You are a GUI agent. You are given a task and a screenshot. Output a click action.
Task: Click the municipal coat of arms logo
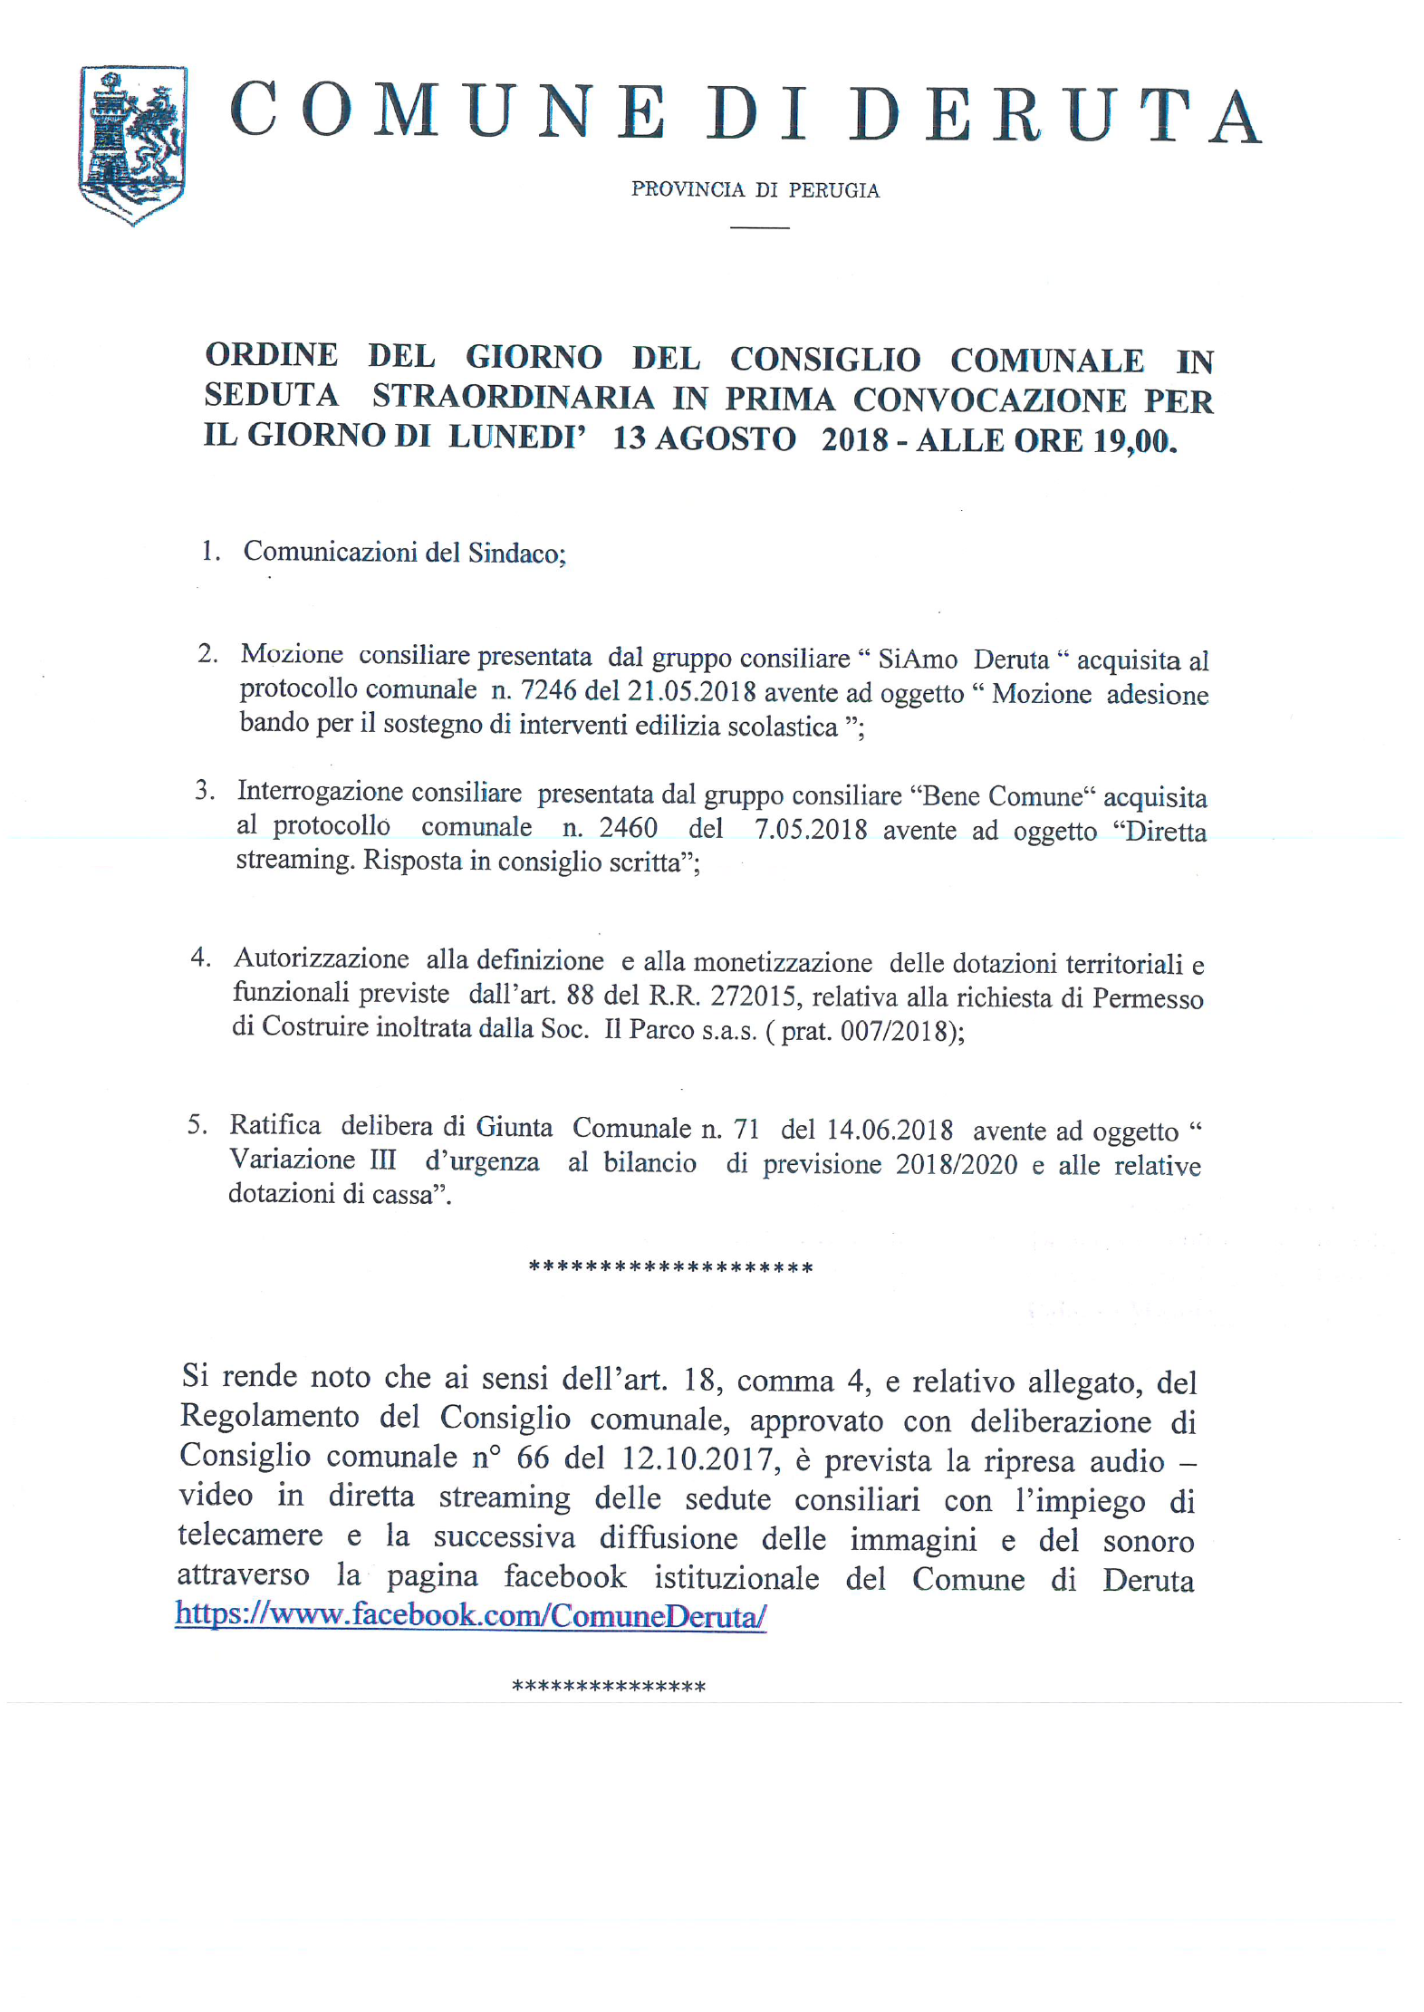[x=132, y=144]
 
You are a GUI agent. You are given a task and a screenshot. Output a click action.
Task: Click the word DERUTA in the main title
[x=1055, y=116]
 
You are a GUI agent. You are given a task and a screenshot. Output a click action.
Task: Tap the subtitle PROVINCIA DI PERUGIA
[x=755, y=190]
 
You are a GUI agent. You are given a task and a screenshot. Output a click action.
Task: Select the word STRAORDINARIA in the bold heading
[x=513, y=397]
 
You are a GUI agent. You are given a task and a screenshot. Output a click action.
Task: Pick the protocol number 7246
[x=548, y=690]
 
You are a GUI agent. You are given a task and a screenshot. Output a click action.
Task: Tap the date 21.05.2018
[x=691, y=691]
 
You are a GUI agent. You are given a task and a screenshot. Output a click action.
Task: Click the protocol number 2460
[x=628, y=828]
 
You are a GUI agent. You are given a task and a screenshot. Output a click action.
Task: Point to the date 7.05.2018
[x=810, y=830]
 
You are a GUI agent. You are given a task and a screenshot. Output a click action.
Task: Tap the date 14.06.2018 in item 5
[x=889, y=1130]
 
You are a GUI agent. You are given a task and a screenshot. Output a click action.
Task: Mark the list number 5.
[x=197, y=1125]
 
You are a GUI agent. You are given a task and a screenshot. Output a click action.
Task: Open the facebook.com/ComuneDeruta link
[x=471, y=1615]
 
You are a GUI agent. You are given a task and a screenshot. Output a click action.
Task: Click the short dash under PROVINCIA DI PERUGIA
[x=759, y=226]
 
